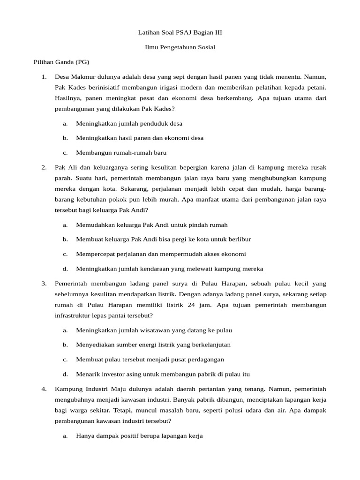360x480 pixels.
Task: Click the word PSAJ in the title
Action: pos(181,32)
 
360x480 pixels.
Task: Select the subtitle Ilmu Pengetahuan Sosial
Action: pos(180,47)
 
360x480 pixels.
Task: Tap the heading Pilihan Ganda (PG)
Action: pos(61,62)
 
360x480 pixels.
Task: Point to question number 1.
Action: pos(44,76)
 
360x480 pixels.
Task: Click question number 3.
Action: pos(44,284)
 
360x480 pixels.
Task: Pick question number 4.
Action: pos(44,389)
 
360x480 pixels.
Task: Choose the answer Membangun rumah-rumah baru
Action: pos(121,153)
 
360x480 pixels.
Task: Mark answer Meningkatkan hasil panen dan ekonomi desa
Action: pos(140,138)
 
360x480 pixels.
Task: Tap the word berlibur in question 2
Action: pos(239,239)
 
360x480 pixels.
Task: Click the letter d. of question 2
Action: pos(65,269)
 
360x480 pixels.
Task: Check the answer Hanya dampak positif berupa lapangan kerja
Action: pos(139,436)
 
